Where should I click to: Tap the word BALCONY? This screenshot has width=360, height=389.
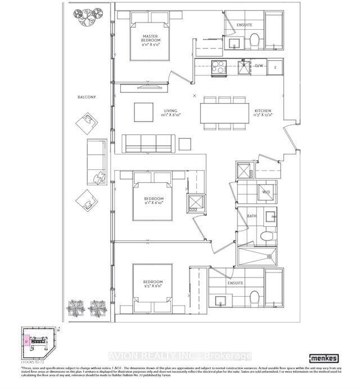coord(87,97)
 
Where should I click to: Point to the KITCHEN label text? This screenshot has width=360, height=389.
coord(263,111)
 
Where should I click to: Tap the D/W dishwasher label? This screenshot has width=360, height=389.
coord(259,66)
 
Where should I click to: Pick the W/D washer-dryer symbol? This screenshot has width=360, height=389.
coord(266,193)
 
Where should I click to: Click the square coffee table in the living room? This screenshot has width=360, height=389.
coord(142,111)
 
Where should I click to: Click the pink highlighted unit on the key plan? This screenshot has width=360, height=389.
coord(26,340)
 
